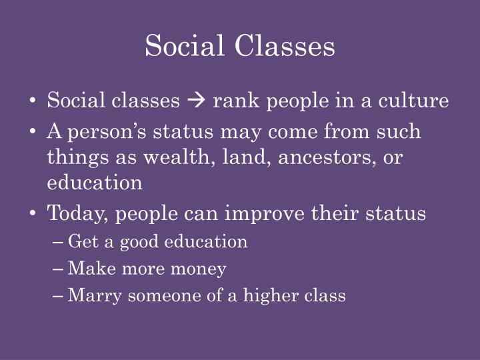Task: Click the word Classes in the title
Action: pyautogui.click(x=285, y=46)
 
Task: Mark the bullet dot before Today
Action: pyautogui.click(x=34, y=213)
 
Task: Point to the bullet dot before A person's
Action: pyautogui.click(x=34, y=131)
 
